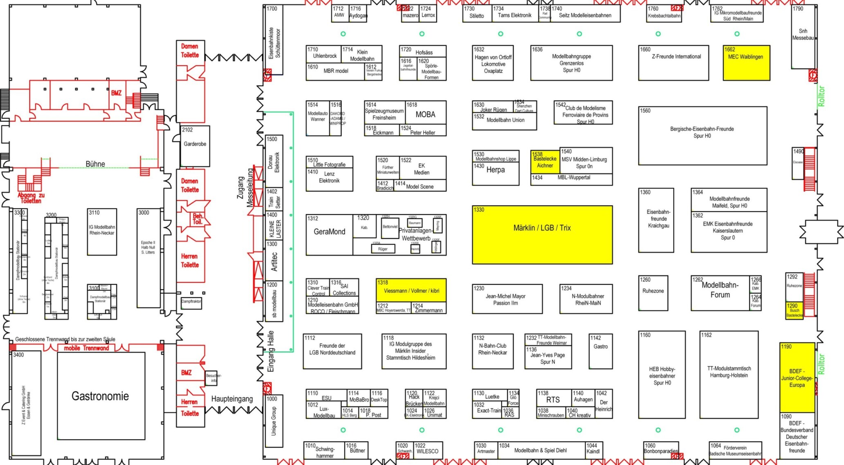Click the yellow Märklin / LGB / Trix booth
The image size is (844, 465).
pyautogui.click(x=542, y=235)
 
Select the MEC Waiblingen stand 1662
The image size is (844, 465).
pyautogui.click(x=746, y=63)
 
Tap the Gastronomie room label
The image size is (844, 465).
pyautogui.click(x=101, y=396)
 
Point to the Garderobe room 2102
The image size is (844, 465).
pyautogui.click(x=195, y=145)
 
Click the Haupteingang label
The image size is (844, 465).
pyautogui.click(x=232, y=399)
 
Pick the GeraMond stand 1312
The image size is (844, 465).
pyautogui.click(x=329, y=235)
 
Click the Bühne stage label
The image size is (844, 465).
pyautogui.click(x=95, y=164)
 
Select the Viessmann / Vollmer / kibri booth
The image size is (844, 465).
pyautogui.click(x=411, y=291)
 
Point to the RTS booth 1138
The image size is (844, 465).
pyautogui.click(x=553, y=400)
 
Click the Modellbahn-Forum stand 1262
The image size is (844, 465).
pyautogui.click(x=720, y=293)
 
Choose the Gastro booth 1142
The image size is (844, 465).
pyautogui.click(x=601, y=351)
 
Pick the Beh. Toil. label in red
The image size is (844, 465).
pyautogui.click(x=198, y=219)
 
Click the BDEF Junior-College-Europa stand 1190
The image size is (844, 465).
pyautogui.click(x=797, y=378)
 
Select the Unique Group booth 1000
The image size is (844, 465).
pyautogui.click(x=274, y=421)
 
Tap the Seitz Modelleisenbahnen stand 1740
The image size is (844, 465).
pyautogui.click(x=585, y=15)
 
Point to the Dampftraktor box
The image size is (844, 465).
pyautogui.click(x=191, y=302)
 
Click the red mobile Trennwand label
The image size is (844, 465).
pyautogui.click(x=86, y=348)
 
